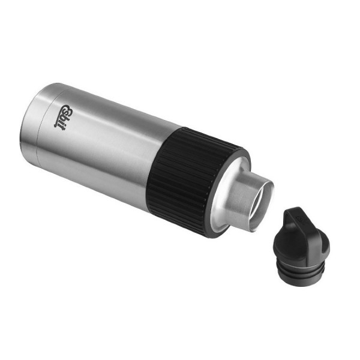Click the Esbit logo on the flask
point(64,118)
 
